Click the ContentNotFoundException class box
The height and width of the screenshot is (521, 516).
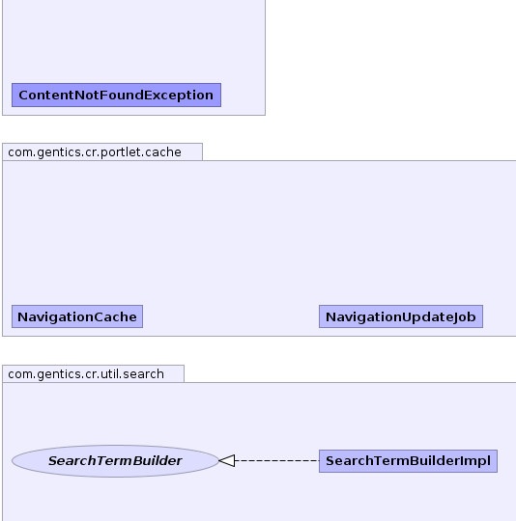tap(117, 95)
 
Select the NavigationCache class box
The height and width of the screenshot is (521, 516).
tap(77, 316)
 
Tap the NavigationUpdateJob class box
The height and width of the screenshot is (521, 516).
tap(401, 316)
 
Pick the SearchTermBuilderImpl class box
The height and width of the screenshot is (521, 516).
tap(408, 461)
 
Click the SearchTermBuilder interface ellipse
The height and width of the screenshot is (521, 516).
tap(115, 461)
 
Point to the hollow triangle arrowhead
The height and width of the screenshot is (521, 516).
tap(227, 461)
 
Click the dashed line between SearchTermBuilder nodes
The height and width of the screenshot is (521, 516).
tap(276, 461)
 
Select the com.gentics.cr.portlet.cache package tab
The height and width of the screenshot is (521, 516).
tap(102, 152)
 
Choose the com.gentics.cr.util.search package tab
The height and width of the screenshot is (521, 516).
tap(93, 374)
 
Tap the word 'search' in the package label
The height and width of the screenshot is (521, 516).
tap(143, 374)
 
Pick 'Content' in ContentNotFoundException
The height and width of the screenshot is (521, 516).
tap(46, 96)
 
